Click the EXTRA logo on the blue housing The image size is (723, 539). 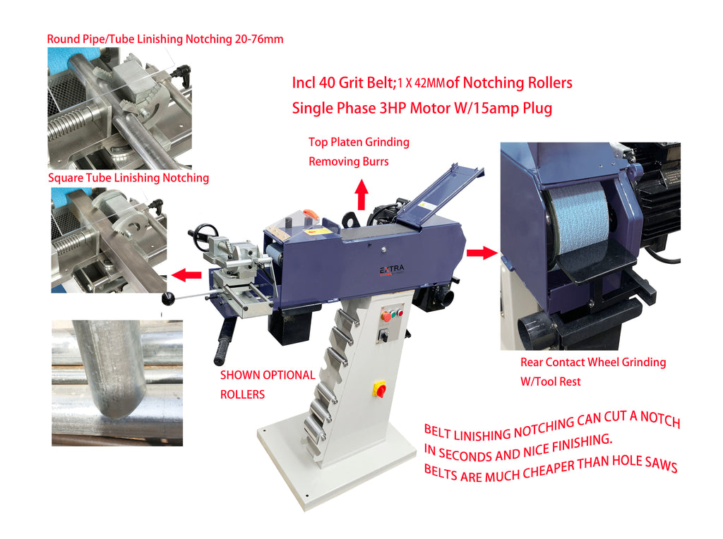tap(392, 270)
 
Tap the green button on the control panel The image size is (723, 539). tap(393, 314)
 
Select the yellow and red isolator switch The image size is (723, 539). tap(379, 389)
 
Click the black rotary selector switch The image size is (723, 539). tap(383, 336)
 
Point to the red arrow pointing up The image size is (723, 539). tap(362, 195)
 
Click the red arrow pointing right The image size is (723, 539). tap(482, 253)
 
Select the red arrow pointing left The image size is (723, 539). tap(186, 275)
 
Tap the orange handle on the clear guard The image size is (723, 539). tap(311, 214)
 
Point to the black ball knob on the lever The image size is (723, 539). tap(168, 298)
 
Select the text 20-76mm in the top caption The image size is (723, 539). tap(258, 40)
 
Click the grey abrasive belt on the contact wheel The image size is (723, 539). tap(579, 219)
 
